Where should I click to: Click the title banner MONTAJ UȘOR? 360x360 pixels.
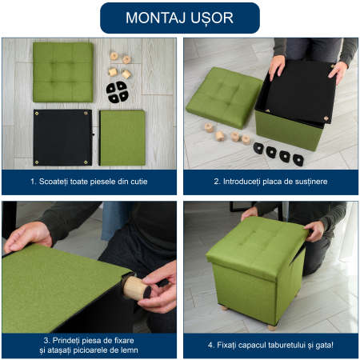[x=180, y=18]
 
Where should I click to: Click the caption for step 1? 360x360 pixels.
[x=89, y=182]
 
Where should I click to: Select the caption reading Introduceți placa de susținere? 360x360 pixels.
[x=270, y=182]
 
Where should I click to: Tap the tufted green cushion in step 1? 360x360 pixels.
[x=63, y=72]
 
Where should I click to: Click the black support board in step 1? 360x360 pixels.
[x=63, y=138]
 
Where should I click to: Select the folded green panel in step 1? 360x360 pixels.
[x=122, y=138]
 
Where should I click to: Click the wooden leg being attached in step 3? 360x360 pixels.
[x=136, y=289]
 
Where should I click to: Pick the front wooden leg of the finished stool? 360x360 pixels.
[x=272, y=327]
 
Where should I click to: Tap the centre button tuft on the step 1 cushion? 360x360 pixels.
[x=62, y=72]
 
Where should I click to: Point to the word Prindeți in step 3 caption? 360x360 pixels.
[x=65, y=341]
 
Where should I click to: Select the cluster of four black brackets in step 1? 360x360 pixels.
[x=117, y=91]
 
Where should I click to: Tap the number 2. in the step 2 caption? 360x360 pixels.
[x=218, y=182]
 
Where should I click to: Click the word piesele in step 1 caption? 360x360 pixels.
[x=102, y=182]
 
